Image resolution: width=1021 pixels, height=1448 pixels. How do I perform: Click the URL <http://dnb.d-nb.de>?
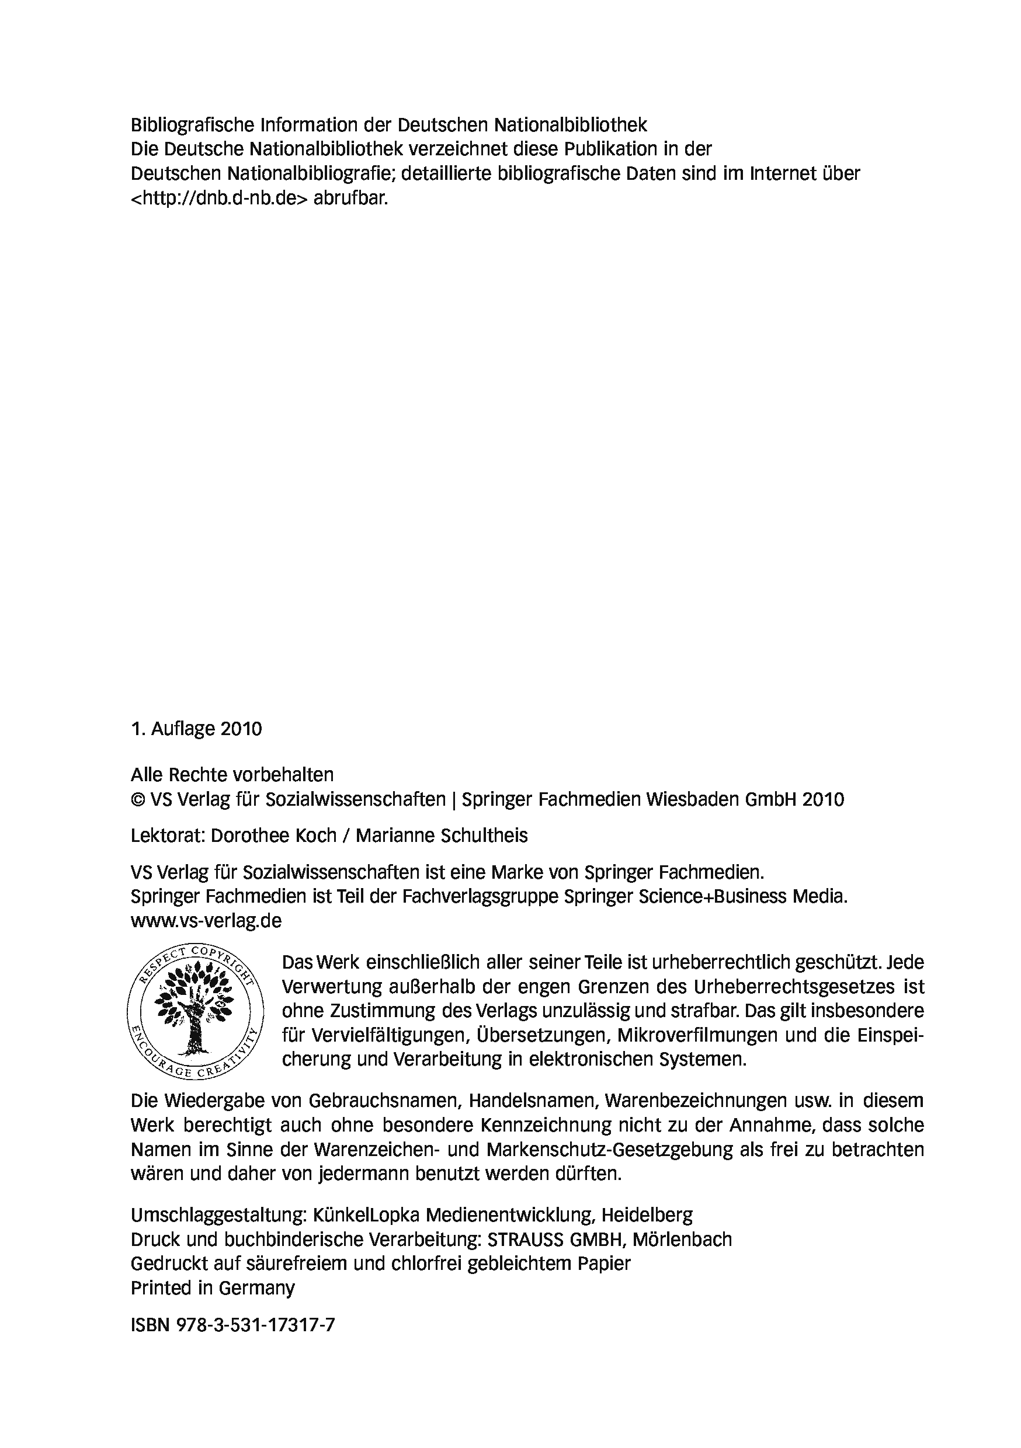coord(219,198)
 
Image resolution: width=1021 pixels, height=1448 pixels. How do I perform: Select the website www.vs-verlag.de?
coord(206,920)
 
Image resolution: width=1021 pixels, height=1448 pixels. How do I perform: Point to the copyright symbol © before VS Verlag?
coord(137,800)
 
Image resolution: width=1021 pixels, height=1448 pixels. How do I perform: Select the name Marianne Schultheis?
coord(441,836)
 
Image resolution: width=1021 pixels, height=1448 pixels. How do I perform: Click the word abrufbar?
coord(350,198)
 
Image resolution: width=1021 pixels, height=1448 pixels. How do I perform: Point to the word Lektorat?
coord(168,836)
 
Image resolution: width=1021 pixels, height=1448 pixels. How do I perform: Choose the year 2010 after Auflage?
coord(241,729)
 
